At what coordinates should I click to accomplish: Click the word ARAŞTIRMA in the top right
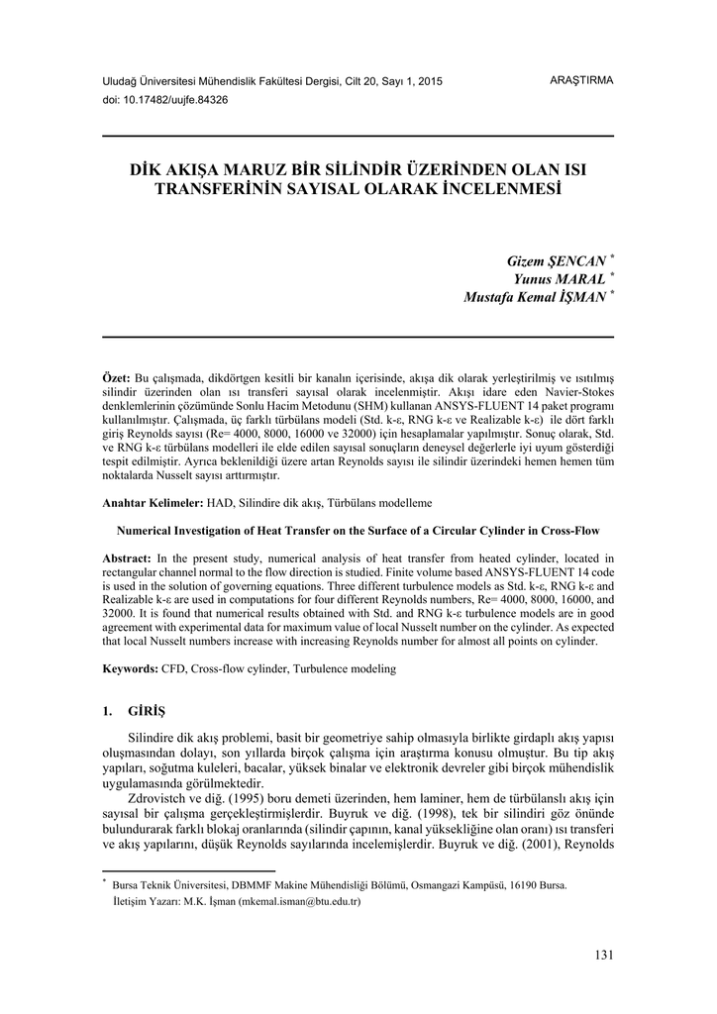pyautogui.click(x=581, y=79)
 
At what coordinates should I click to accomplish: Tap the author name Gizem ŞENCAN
pyautogui.click(x=556, y=260)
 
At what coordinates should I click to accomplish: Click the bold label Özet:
pyautogui.click(x=117, y=379)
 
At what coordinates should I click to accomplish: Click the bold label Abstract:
pyautogui.click(x=127, y=558)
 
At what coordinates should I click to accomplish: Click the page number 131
pyautogui.click(x=603, y=955)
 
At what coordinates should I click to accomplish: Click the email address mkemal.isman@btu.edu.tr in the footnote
pyautogui.click(x=298, y=902)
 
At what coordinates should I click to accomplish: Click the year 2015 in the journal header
pyautogui.click(x=430, y=80)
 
